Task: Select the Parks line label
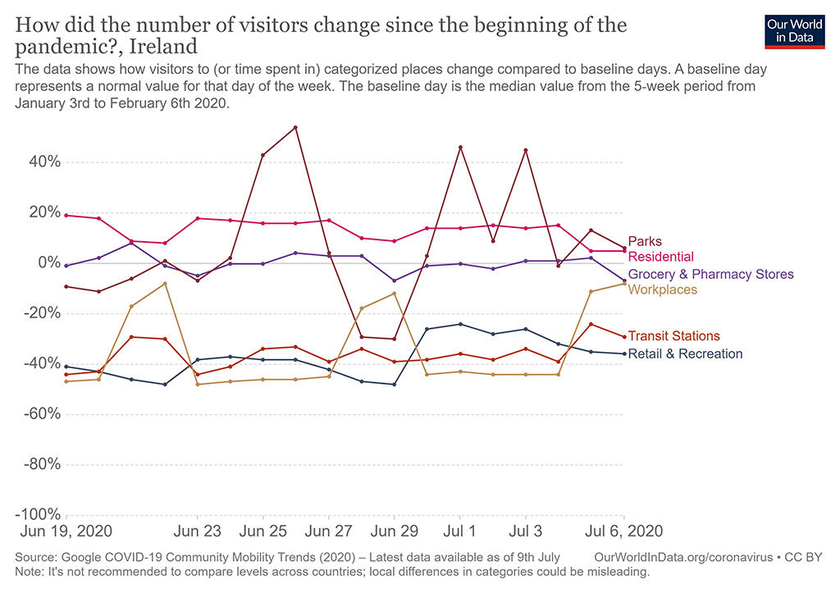coord(644,242)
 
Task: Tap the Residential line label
coord(660,257)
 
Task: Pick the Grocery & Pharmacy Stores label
coord(710,274)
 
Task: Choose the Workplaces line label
coord(662,290)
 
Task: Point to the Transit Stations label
coord(673,336)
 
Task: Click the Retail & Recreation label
coord(685,354)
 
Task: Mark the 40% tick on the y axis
coord(44,162)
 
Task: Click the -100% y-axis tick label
coord(38,514)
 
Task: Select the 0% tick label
coord(48,262)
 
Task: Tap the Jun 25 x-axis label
coord(262,531)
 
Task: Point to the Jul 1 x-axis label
coord(459,531)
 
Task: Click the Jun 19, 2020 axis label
coord(66,531)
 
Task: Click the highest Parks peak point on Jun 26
coord(295,127)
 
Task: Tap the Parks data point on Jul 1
coord(460,148)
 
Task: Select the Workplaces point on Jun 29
coord(395,294)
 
